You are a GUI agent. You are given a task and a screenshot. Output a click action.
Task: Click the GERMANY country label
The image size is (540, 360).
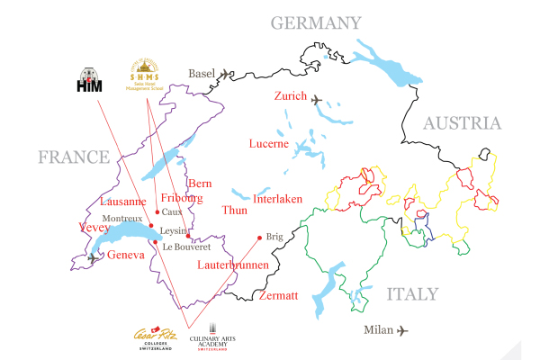coord(316,22)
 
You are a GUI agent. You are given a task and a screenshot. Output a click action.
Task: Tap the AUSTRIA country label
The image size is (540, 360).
coord(462,123)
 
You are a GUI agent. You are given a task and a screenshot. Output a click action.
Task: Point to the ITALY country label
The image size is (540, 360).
coord(412,294)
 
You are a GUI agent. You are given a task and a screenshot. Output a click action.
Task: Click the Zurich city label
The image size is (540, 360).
coord(291,97)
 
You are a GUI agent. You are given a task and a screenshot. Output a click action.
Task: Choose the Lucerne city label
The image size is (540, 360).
coord(269,144)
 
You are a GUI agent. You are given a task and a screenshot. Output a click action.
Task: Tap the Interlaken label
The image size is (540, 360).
coord(278,199)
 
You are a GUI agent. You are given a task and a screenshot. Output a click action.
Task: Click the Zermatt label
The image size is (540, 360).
coord(278,296)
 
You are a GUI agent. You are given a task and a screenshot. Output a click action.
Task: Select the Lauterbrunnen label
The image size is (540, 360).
coord(231,265)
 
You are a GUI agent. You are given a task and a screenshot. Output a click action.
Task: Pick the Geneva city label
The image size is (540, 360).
coord(125,256)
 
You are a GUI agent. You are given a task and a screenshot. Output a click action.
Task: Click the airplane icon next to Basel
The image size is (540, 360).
coord(225,73)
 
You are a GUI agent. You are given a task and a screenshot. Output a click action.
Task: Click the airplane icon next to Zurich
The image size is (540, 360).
coord(318,99)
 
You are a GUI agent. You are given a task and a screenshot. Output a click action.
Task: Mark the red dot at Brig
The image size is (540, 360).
coord(259,238)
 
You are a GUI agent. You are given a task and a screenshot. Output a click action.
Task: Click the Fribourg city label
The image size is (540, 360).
coord(181,198)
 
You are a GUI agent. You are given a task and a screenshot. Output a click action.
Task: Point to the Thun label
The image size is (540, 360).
coord(233,210)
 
